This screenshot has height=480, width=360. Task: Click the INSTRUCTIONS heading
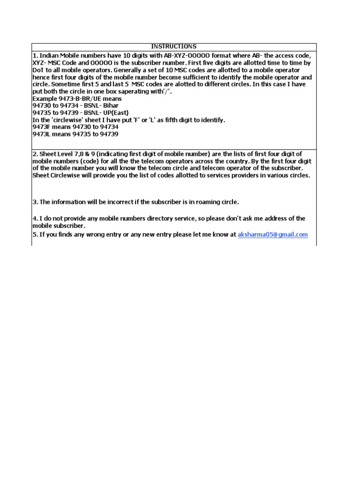pyautogui.click(x=174, y=46)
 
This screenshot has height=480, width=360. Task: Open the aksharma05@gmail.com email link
pyautogui.click(x=273, y=234)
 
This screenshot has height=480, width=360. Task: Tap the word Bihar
pyautogui.click(x=111, y=106)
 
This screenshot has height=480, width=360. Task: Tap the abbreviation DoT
pyautogui.click(x=38, y=70)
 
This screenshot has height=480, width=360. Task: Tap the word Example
pyautogui.click(x=45, y=99)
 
